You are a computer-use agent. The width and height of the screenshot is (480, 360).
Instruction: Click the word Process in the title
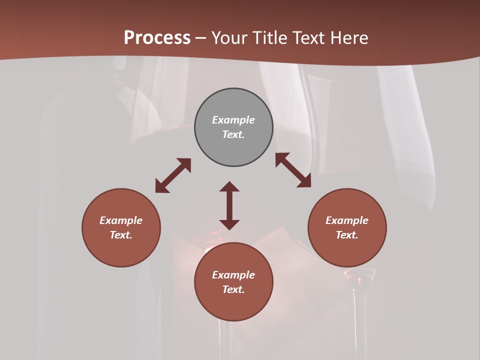(157, 37)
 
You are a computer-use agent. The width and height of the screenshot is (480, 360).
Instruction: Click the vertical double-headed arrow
(229, 205)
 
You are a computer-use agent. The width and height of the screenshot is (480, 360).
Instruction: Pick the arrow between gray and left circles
(173, 175)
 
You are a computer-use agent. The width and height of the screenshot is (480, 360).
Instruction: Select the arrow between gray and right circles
(293, 170)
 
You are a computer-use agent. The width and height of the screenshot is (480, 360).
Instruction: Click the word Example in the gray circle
(233, 120)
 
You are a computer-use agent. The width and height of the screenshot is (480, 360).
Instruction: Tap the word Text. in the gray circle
(233, 134)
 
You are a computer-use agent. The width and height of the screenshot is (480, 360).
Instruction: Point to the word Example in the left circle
(121, 220)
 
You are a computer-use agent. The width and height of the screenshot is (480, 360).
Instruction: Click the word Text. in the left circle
(121, 235)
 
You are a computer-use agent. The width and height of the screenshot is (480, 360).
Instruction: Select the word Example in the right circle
(347, 220)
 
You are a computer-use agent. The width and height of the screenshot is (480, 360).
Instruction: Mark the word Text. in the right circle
(347, 235)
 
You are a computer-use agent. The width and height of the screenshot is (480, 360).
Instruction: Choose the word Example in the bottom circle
(233, 275)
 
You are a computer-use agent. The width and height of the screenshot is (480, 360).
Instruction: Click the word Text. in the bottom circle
(233, 289)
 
